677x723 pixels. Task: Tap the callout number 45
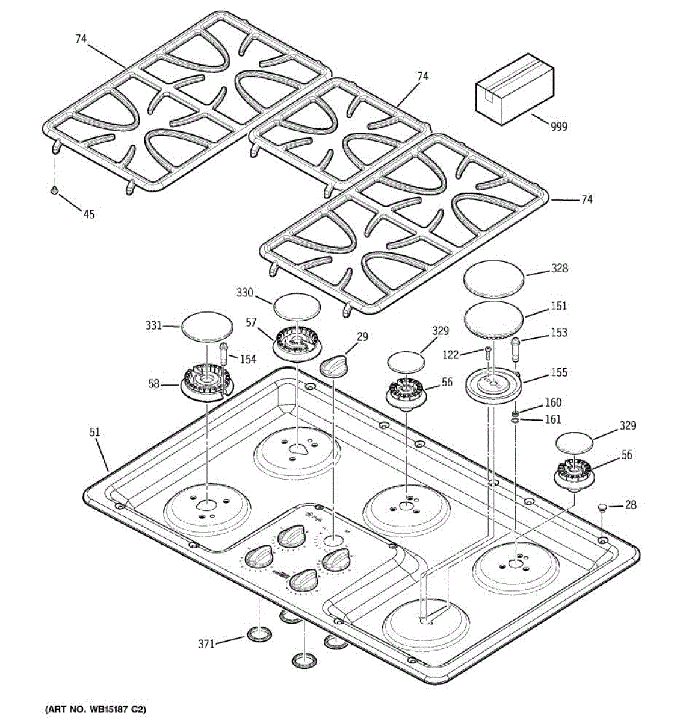point(88,214)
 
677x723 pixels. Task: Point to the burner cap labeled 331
point(206,327)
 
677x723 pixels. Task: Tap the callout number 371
point(206,644)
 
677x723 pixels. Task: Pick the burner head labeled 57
point(298,343)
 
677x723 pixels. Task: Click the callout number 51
point(95,432)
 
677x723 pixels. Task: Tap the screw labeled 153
point(516,348)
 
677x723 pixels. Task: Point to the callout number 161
point(552,419)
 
